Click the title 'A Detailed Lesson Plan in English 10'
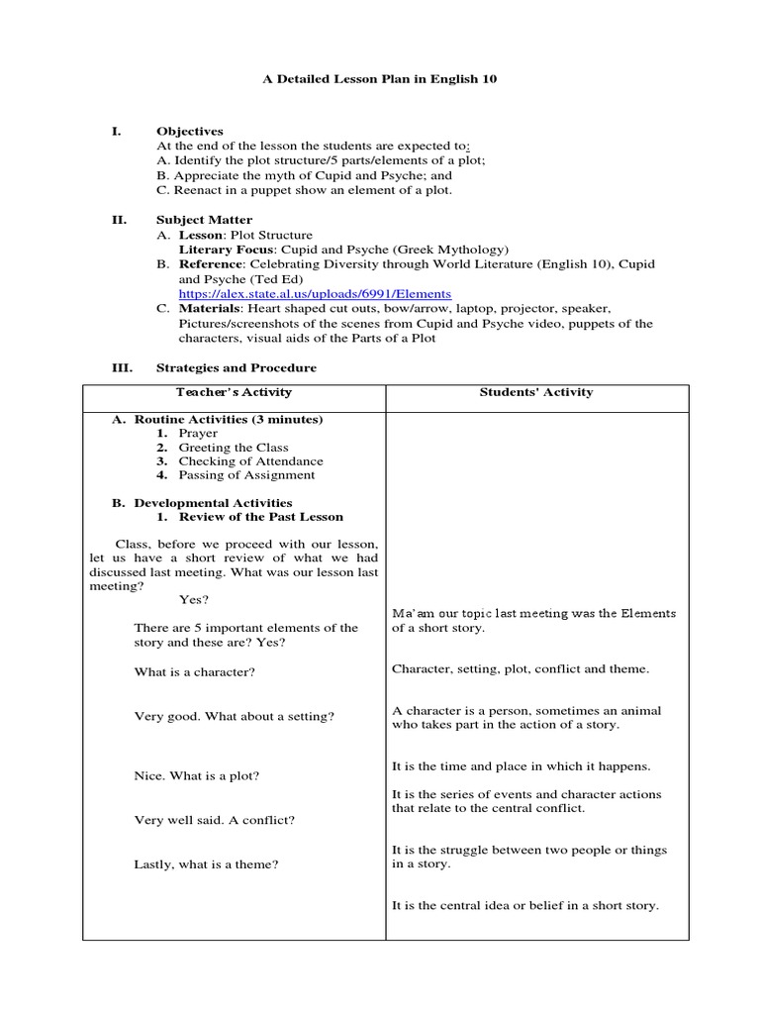click(379, 78)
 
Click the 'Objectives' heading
click(190, 131)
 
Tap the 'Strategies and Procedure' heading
click(237, 367)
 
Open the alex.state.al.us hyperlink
click(315, 294)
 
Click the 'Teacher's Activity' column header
click(234, 392)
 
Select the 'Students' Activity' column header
click(536, 392)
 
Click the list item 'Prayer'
click(198, 434)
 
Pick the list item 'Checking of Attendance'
click(250, 461)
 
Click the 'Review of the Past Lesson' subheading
click(261, 517)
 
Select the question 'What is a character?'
click(195, 672)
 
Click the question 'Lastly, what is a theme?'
click(206, 864)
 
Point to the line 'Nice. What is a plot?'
click(197, 776)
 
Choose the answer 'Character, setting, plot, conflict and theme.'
click(521, 669)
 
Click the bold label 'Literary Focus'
click(218, 251)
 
